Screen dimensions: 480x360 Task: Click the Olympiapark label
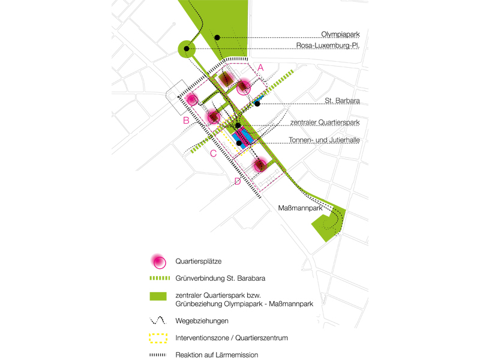[x=340, y=34]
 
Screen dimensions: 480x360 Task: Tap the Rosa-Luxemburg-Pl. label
[x=328, y=46]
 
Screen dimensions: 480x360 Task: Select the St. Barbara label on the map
[x=342, y=100]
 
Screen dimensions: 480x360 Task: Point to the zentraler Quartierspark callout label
[x=325, y=122]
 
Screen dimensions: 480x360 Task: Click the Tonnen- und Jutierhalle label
[x=324, y=140]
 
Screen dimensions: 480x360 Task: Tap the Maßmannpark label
[x=300, y=208]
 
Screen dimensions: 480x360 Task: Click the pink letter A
[x=260, y=68]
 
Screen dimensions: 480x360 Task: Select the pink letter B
[x=186, y=121]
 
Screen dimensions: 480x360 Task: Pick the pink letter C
[x=213, y=154]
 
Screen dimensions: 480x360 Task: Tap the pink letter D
[x=238, y=182]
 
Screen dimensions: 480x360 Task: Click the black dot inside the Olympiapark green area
[x=217, y=38]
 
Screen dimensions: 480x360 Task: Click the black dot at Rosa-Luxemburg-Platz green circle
[x=187, y=49]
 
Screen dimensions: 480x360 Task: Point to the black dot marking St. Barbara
[x=257, y=104]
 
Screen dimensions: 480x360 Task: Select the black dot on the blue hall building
[x=239, y=143]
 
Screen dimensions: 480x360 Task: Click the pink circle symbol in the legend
[x=158, y=262]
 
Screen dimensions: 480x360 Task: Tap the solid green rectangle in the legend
[x=158, y=296]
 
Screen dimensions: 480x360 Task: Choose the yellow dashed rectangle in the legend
[x=158, y=338]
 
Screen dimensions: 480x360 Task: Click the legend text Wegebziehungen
[x=202, y=321]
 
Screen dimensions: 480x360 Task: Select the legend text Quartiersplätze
[x=199, y=262]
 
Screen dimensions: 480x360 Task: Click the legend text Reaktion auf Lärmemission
[x=217, y=355]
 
